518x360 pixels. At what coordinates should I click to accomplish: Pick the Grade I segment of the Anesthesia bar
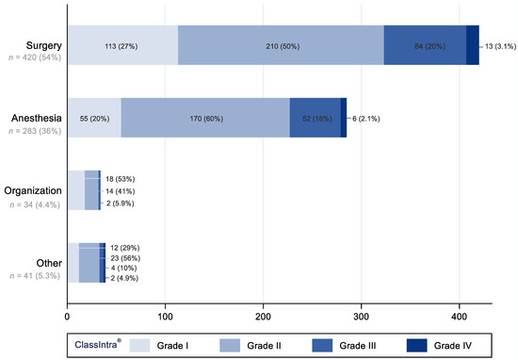pyautogui.click(x=93, y=118)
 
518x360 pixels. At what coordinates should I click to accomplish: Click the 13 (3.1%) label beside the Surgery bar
pyautogui.click(x=498, y=45)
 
